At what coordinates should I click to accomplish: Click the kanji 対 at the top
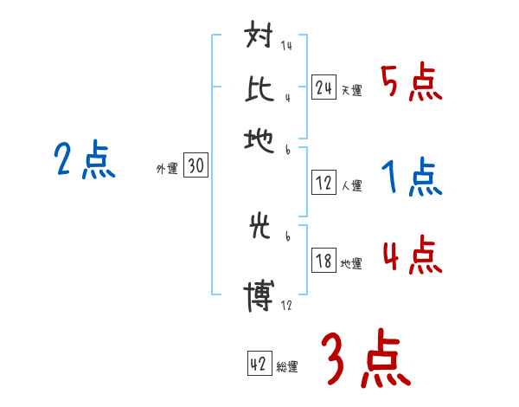(x=259, y=39)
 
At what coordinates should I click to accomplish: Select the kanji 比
(x=259, y=88)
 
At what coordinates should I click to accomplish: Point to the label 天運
(x=351, y=90)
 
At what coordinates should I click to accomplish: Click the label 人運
(x=351, y=185)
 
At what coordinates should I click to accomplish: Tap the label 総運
(x=287, y=367)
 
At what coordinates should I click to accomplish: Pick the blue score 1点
(x=411, y=178)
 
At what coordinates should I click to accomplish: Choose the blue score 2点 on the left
(x=84, y=161)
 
